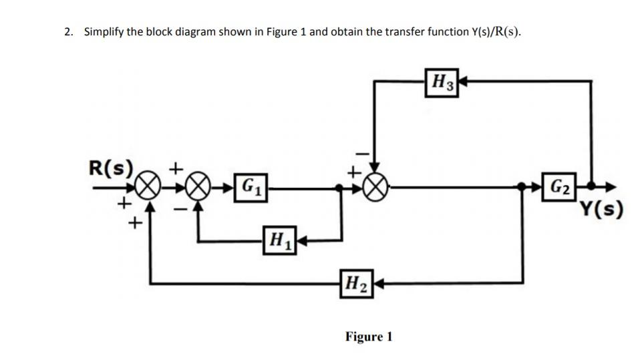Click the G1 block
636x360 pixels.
click(251, 188)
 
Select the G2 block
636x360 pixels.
click(559, 187)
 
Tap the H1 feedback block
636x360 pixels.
click(279, 240)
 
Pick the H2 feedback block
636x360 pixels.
click(357, 284)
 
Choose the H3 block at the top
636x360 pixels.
click(442, 83)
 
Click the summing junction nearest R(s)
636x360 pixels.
click(146, 188)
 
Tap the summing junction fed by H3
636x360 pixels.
click(375, 188)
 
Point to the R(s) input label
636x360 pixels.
click(111, 168)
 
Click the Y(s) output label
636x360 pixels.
click(601, 209)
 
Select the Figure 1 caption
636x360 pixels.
click(369, 337)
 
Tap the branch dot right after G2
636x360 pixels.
click(591, 186)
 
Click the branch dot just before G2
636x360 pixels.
click(521, 186)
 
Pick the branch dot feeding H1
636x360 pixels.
click(339, 188)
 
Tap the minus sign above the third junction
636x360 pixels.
click(363, 154)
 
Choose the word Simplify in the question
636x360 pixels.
click(104, 32)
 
